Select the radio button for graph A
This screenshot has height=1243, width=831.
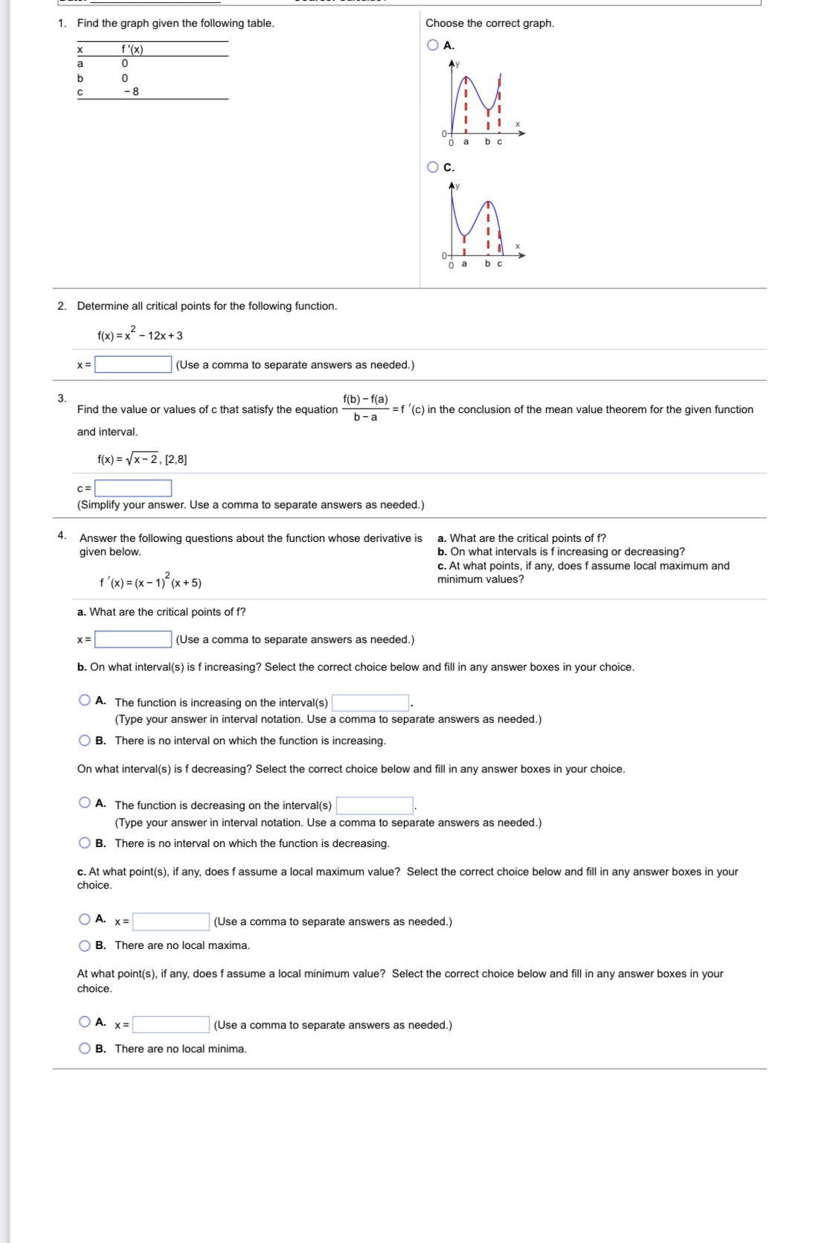pos(433,45)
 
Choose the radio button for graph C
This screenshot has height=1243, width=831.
pos(433,167)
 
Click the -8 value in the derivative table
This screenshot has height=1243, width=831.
pos(131,92)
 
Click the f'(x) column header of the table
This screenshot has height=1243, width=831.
pos(132,49)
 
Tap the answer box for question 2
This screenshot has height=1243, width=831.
pos(133,365)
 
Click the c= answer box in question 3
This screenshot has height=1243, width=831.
pos(133,488)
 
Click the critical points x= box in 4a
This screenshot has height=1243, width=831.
pos(133,639)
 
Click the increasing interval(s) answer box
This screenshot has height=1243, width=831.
pos(370,703)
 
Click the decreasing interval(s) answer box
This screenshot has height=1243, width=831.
pos(374,805)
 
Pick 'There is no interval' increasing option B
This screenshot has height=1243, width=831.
pos(85,741)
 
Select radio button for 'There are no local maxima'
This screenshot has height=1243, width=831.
pos(85,945)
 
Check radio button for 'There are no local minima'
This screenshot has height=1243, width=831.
pos(85,1049)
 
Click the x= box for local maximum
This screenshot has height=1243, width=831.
pos(170,921)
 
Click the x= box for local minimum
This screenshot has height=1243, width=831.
pos(170,1025)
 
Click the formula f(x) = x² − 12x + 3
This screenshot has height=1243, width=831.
pos(140,335)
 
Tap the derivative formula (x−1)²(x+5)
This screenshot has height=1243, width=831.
pos(150,582)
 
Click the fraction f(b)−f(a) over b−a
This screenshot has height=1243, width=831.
pos(365,409)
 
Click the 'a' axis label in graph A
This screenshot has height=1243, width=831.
pos(466,141)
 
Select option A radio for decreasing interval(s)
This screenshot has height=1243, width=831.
pos(85,802)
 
